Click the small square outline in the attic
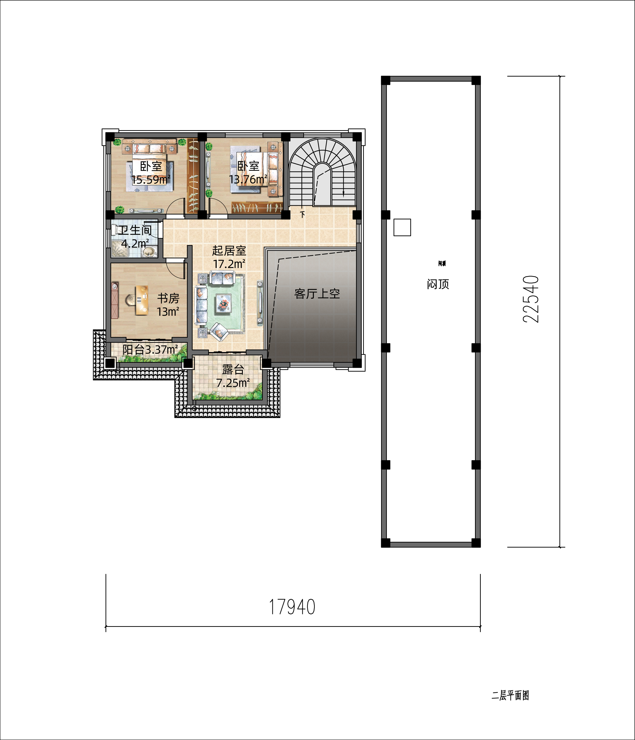click(x=402, y=227)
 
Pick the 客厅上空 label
click(x=317, y=294)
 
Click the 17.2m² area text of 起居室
click(x=229, y=264)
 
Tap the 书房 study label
click(x=168, y=298)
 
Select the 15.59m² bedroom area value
click(x=151, y=179)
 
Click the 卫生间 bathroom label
click(x=135, y=230)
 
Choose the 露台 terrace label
click(x=233, y=369)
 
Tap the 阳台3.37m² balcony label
click(x=150, y=349)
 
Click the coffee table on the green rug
click(x=224, y=303)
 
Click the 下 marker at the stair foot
click(x=303, y=214)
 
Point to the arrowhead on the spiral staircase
click(x=343, y=195)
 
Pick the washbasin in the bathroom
click(x=149, y=252)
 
